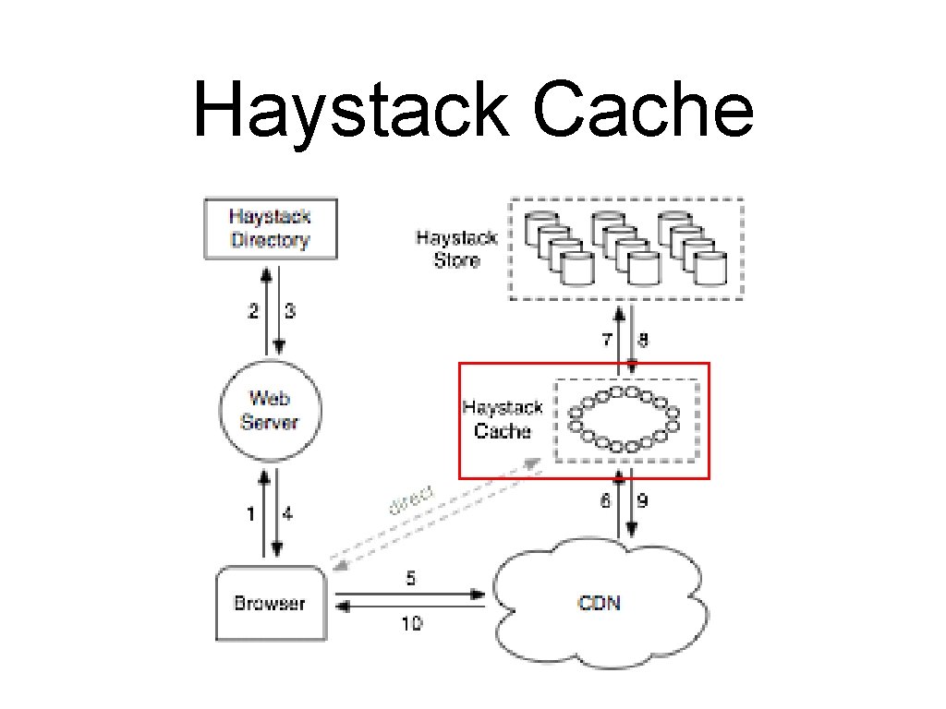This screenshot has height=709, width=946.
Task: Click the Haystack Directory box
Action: coord(271,229)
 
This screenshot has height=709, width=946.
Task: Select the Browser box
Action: coord(271,603)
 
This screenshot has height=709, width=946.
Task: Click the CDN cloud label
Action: coord(599,603)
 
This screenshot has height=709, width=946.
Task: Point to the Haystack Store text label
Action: coord(456,248)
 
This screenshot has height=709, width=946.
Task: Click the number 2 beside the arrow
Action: coord(253,311)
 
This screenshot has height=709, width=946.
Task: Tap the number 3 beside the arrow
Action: coord(290,311)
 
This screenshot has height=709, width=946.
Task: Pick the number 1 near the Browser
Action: coord(250,514)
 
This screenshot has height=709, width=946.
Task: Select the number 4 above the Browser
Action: coord(288,514)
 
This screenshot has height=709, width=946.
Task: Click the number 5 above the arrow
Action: coord(411,578)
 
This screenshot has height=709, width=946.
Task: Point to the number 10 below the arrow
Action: coord(412,623)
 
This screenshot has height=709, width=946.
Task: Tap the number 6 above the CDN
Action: coord(606,500)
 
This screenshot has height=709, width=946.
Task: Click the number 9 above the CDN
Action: coord(643,500)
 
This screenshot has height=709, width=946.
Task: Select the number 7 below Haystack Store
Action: coord(607,340)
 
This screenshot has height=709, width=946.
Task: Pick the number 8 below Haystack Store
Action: coord(643,340)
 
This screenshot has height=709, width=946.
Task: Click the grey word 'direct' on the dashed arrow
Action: coord(410,499)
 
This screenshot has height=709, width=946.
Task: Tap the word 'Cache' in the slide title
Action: coord(643,109)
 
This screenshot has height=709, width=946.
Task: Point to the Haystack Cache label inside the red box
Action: coord(503,420)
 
